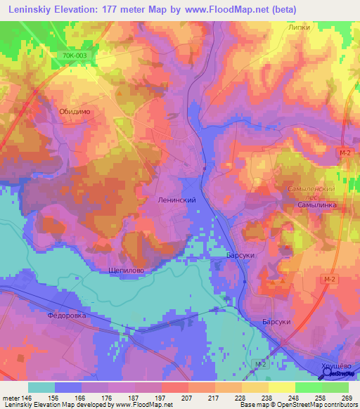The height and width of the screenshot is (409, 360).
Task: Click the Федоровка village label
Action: click(x=66, y=316)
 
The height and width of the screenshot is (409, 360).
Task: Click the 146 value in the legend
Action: click(x=29, y=397)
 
